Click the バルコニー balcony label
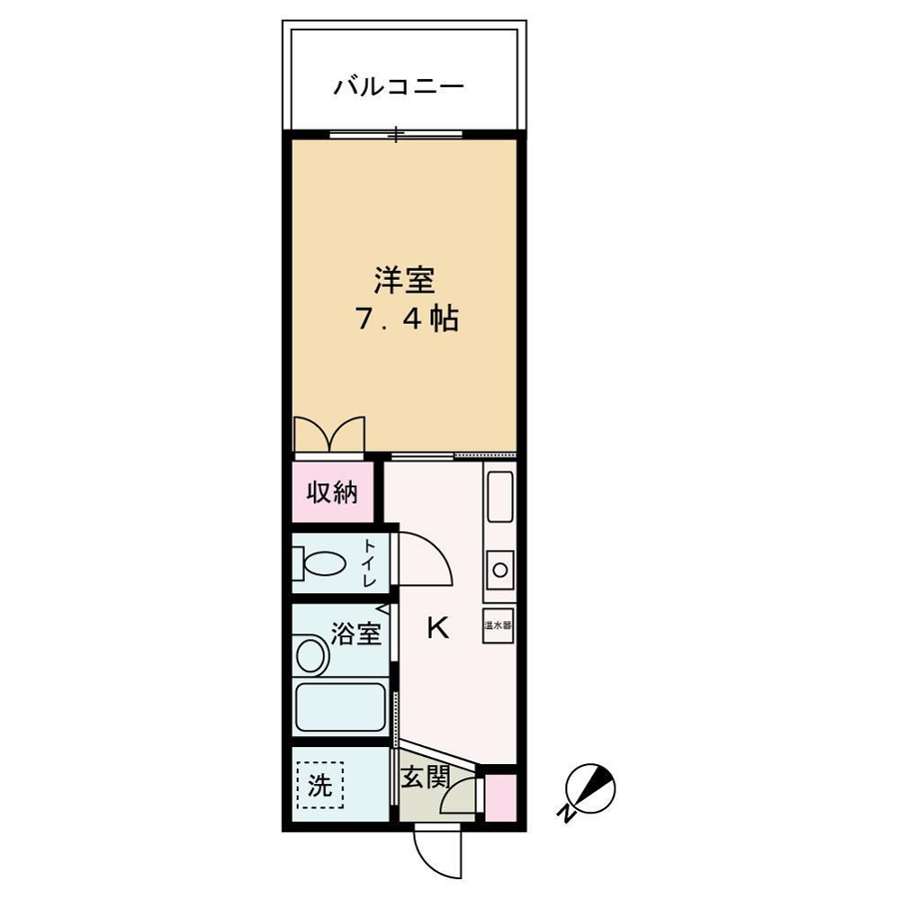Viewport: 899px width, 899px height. tap(399, 87)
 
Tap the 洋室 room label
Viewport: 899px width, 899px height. tap(405, 281)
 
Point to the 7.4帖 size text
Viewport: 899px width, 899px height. tap(408, 319)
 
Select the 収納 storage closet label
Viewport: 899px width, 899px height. tap(333, 491)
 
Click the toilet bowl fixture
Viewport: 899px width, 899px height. tap(321, 563)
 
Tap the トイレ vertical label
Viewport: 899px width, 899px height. tap(368, 563)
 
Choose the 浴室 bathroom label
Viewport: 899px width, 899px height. tap(356, 633)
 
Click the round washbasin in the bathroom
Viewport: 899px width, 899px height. tap(311, 654)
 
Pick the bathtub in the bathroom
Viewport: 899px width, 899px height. tap(340, 707)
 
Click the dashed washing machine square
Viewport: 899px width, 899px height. tap(321, 785)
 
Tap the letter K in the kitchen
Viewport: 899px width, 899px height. tap(439, 628)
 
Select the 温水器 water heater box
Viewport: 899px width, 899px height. tap(497, 625)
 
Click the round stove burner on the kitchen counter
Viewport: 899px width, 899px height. tap(500, 570)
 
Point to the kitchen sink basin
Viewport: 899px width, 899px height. tap(499, 497)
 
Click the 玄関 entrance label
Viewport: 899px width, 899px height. tap(425, 778)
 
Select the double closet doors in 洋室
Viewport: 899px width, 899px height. tap(329, 435)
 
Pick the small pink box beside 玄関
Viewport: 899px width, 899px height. tap(500, 797)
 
